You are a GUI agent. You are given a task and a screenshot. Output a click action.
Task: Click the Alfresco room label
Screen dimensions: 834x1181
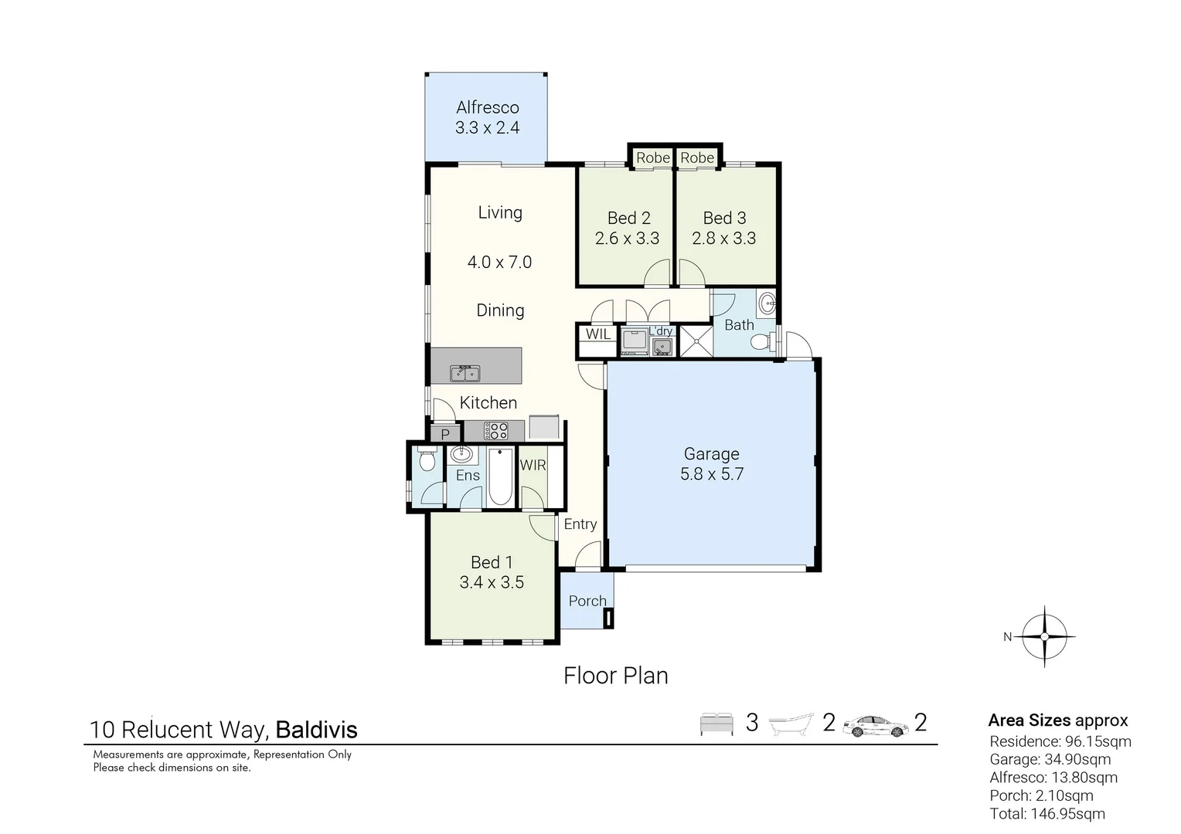(x=487, y=107)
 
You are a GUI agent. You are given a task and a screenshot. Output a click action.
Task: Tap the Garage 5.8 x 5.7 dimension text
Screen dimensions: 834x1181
(x=711, y=474)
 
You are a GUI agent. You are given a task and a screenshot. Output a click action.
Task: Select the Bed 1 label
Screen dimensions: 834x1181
(x=492, y=562)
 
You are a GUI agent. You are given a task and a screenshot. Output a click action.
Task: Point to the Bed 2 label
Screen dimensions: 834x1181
(x=628, y=218)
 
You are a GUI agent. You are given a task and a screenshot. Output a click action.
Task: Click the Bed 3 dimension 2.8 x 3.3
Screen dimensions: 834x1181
(x=724, y=239)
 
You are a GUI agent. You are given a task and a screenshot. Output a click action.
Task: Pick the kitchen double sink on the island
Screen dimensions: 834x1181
(x=465, y=374)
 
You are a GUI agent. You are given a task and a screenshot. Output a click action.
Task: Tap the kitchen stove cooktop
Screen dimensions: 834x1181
(x=495, y=431)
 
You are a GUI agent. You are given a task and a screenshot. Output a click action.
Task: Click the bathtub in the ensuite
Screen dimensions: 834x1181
(x=500, y=476)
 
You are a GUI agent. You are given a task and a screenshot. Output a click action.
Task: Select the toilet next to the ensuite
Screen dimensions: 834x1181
(x=426, y=461)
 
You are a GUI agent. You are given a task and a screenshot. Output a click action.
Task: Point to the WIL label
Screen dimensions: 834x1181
(x=597, y=334)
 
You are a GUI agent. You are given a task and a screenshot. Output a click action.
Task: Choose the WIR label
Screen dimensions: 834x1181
(x=533, y=465)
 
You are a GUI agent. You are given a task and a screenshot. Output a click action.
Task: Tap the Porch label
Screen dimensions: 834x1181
(x=587, y=601)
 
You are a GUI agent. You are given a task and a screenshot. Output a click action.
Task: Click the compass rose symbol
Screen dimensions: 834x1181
(x=1044, y=636)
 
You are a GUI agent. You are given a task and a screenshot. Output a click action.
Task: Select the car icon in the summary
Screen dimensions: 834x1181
(x=876, y=725)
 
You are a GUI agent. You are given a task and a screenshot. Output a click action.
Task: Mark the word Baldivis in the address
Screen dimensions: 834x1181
(x=316, y=730)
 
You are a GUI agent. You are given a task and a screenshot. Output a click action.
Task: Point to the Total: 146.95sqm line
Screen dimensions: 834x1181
(x=1047, y=813)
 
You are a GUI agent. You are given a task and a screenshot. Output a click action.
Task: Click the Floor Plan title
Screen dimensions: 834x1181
(x=615, y=676)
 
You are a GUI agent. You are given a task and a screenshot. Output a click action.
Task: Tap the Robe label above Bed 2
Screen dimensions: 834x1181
(x=652, y=158)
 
